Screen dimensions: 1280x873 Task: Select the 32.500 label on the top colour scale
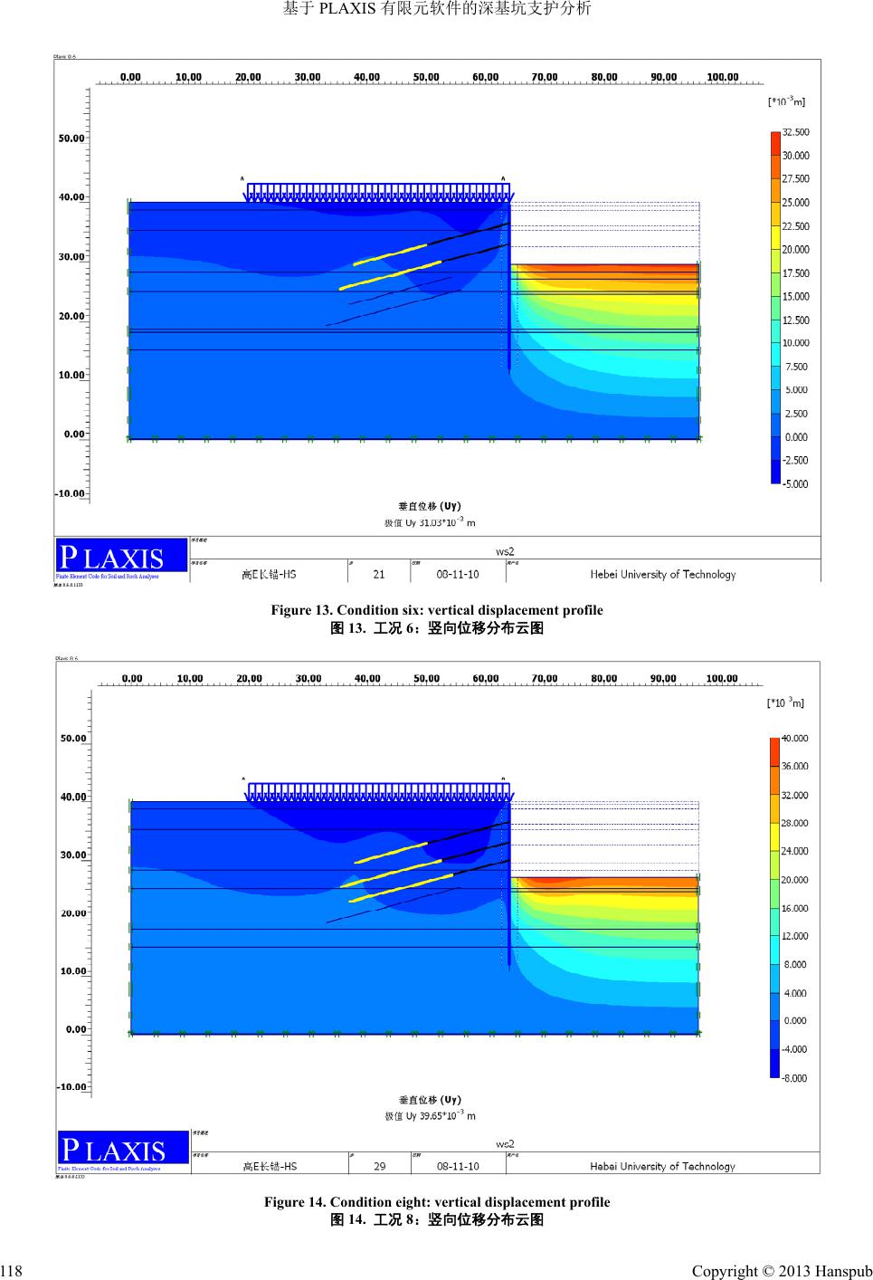[796, 132]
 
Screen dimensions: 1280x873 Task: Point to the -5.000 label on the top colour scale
[796, 484]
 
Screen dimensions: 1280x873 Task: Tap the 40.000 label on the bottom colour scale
[795, 739]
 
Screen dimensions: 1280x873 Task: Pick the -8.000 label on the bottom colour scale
[795, 1078]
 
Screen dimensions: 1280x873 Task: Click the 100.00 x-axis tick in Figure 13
[722, 77]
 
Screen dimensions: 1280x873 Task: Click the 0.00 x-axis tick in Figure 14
[132, 678]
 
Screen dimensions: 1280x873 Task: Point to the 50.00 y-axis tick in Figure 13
[71, 139]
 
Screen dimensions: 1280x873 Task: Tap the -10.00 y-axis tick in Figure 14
[71, 1086]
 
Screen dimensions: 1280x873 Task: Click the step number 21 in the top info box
[379, 574]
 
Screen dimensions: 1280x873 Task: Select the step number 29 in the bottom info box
[380, 1166]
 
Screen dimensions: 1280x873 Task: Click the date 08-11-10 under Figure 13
[458, 574]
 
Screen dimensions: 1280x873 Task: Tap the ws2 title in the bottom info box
[505, 1143]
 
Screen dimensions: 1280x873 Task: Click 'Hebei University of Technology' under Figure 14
[663, 1166]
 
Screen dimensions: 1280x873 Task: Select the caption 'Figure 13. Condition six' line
[437, 610]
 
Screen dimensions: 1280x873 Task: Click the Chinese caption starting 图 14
[437, 1219]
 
